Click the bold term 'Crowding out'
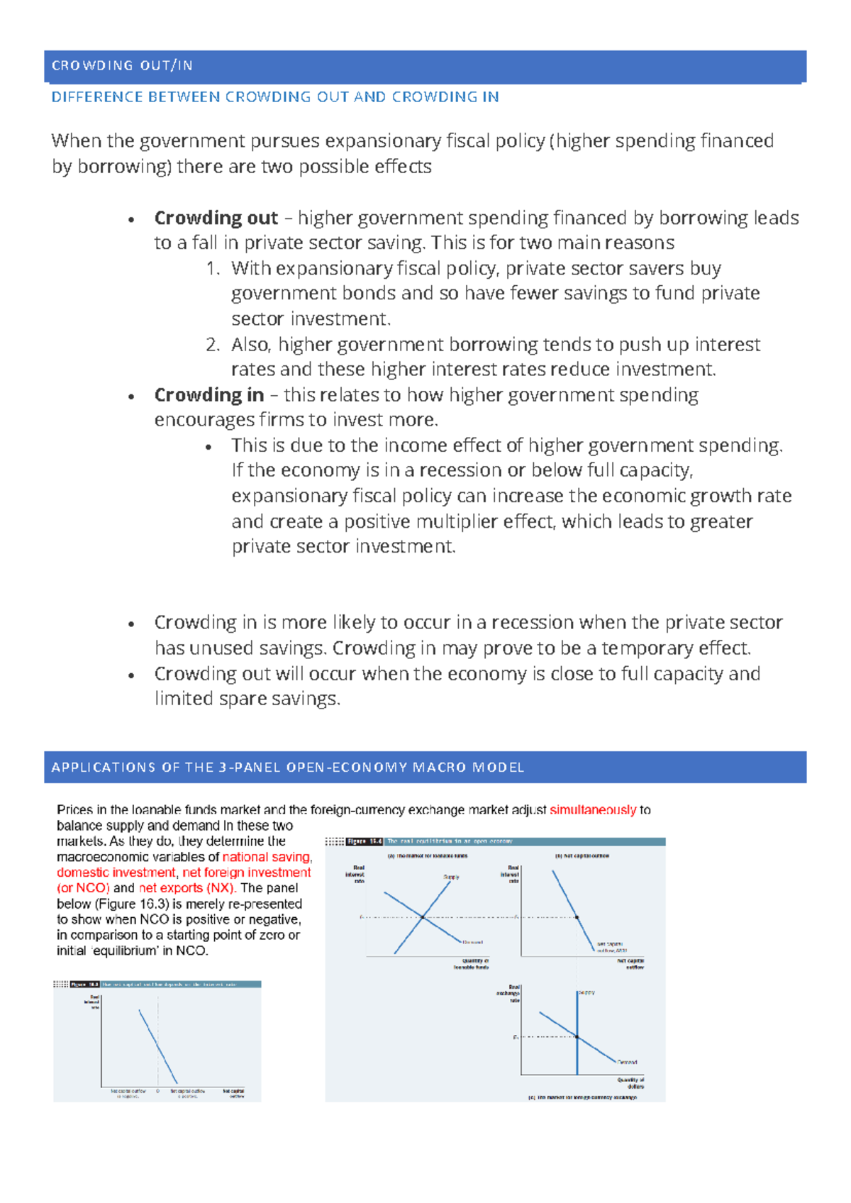pyautogui.click(x=216, y=218)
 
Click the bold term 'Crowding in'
pyautogui.click(x=208, y=395)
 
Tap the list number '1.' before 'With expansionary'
pyautogui.click(x=213, y=269)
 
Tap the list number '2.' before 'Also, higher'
pyautogui.click(x=213, y=345)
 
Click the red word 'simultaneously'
pyautogui.click(x=592, y=810)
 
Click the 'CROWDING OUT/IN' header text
pyautogui.click(x=122, y=66)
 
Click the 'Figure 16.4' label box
pyautogui.click(x=365, y=841)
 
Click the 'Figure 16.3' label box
pyautogui.click(x=84, y=985)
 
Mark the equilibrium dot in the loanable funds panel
pyautogui.click(x=423, y=917)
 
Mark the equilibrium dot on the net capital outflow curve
pyautogui.click(x=577, y=917)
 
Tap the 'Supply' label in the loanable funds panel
pyautogui.click(x=451, y=877)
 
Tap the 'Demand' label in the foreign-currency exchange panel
pyautogui.click(x=627, y=1062)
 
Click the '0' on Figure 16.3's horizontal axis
pyautogui.click(x=157, y=1091)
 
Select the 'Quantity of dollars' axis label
pyautogui.click(x=630, y=1083)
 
